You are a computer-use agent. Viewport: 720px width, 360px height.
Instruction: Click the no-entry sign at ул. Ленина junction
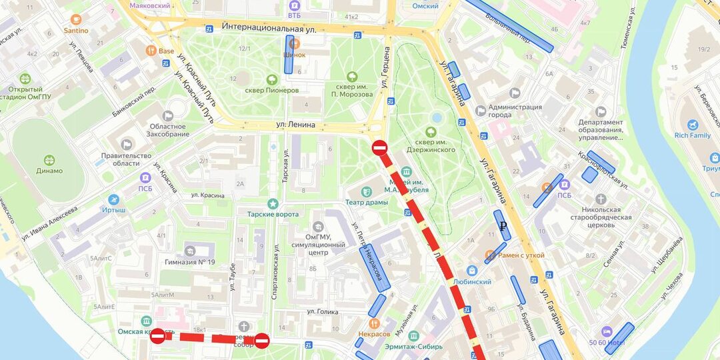click(379, 147)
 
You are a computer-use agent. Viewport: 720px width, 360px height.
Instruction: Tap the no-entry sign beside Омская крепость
click(158, 336)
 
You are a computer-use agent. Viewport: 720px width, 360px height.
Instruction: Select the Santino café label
click(75, 30)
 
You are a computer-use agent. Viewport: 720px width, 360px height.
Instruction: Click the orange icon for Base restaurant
click(151, 50)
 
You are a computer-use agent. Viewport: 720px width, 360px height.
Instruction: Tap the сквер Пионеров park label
click(273, 90)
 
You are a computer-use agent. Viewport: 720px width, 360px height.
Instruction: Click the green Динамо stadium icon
click(50, 160)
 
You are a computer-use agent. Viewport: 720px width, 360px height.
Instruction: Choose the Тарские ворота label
click(273, 214)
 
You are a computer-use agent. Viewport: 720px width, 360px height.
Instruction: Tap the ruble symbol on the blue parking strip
click(503, 225)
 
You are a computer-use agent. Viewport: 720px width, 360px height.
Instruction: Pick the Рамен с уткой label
click(521, 255)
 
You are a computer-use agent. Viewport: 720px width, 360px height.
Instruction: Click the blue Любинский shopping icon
click(472, 271)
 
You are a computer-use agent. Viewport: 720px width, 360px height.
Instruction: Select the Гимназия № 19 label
click(190, 261)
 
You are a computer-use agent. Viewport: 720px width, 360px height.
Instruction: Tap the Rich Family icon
click(693, 125)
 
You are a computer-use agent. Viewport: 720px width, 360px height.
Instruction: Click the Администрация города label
click(515, 111)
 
